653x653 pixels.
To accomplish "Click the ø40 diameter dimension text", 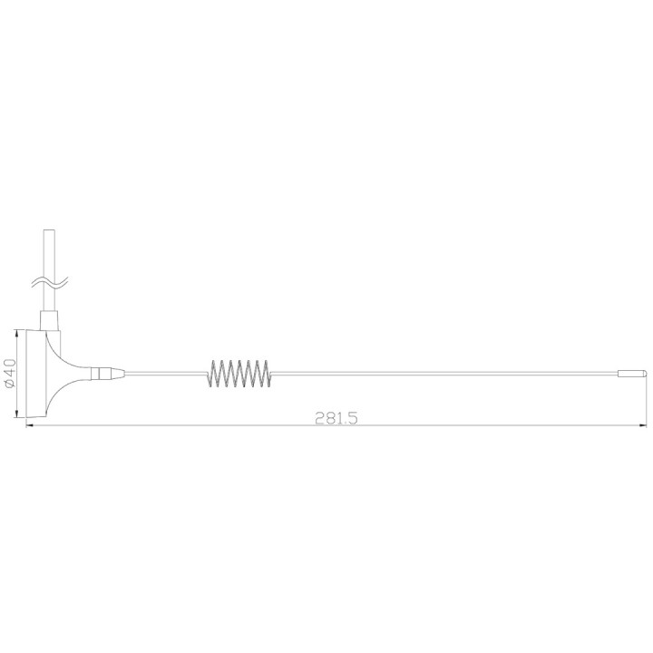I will (9, 374).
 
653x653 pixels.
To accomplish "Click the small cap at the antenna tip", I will (630, 373).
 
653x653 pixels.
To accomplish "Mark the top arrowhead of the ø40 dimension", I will (20, 331).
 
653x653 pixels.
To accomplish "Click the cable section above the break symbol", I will (49, 249).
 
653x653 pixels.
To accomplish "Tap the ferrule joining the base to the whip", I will (106, 372).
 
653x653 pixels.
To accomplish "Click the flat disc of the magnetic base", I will (34, 373).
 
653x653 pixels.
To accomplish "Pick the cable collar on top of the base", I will (49, 317).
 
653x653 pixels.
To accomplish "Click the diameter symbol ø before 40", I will (9, 385).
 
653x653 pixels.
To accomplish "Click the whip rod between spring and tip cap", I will (444, 372).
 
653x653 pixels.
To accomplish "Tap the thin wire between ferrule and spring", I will (163, 372).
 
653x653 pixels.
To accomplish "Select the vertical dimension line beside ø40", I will (20, 373).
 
